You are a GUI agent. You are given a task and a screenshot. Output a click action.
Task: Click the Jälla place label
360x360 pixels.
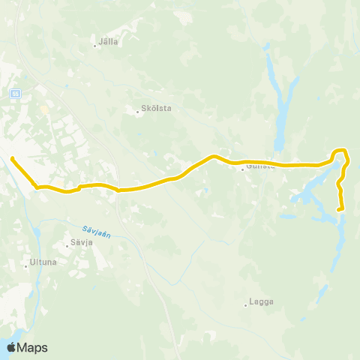click(109, 42)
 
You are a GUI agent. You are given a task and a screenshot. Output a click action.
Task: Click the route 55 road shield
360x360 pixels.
click(15, 93)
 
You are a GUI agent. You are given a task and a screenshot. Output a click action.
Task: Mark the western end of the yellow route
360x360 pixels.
click(12, 157)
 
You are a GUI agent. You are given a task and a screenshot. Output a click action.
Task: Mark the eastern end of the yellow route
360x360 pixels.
click(341, 209)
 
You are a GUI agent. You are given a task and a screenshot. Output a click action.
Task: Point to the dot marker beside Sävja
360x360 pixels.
click(66, 244)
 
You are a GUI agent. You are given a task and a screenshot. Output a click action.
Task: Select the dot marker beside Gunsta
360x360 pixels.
click(242, 169)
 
